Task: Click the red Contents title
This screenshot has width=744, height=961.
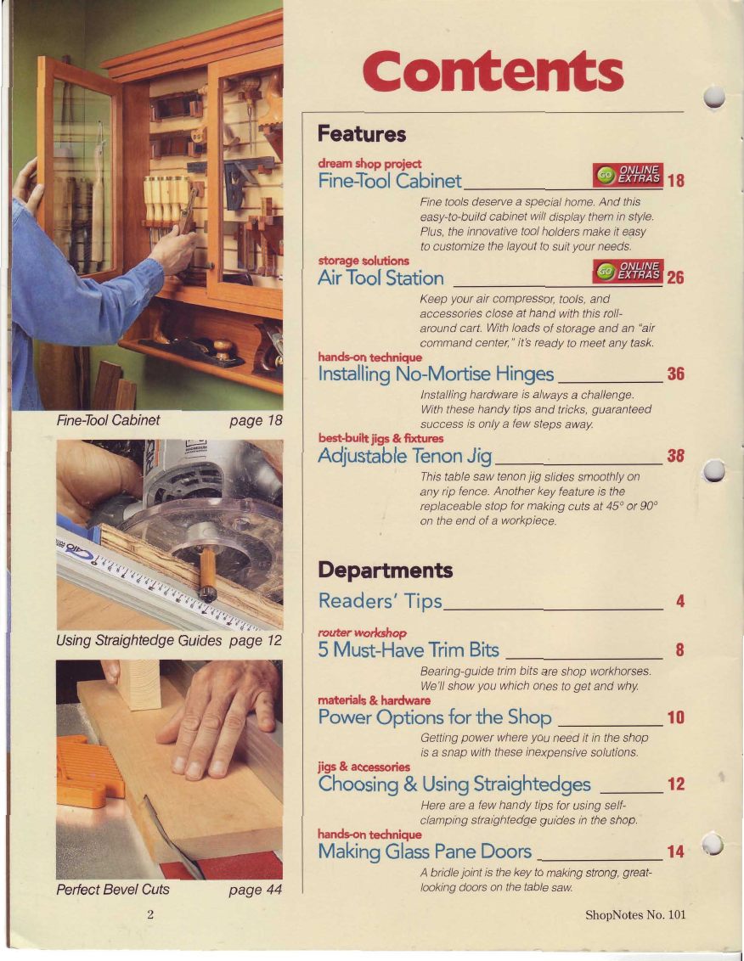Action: pyautogui.click(x=493, y=71)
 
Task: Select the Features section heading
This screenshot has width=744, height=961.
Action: pyautogui.click(x=362, y=133)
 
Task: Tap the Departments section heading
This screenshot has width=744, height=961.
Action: pyautogui.click(x=386, y=570)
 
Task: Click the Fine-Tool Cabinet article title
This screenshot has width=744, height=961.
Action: pyautogui.click(x=390, y=181)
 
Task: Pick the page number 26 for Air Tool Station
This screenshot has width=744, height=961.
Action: pyautogui.click(x=675, y=278)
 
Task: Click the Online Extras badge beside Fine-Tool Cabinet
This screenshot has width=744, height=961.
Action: pyautogui.click(x=628, y=175)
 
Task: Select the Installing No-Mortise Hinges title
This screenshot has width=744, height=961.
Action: pyautogui.click(x=436, y=374)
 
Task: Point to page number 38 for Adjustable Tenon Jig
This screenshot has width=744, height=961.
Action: pyautogui.click(x=675, y=455)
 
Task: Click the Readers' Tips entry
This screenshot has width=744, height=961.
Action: pyautogui.click(x=380, y=601)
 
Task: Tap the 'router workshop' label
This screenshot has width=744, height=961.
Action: pyautogui.click(x=362, y=632)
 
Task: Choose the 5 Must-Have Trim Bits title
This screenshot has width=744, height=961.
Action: pyautogui.click(x=409, y=649)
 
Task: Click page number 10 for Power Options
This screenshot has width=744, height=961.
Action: pyautogui.click(x=675, y=717)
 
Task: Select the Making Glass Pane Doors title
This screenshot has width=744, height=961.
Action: pyautogui.click(x=425, y=851)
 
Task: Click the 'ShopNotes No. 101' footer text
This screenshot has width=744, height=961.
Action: pyautogui.click(x=635, y=915)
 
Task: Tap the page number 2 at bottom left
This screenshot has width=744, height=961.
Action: pyautogui.click(x=149, y=915)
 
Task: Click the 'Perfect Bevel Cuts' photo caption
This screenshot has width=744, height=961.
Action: pyautogui.click(x=113, y=890)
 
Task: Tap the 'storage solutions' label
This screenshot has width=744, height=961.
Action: pyautogui.click(x=364, y=261)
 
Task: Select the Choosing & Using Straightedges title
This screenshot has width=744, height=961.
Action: pyautogui.click(x=454, y=784)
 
